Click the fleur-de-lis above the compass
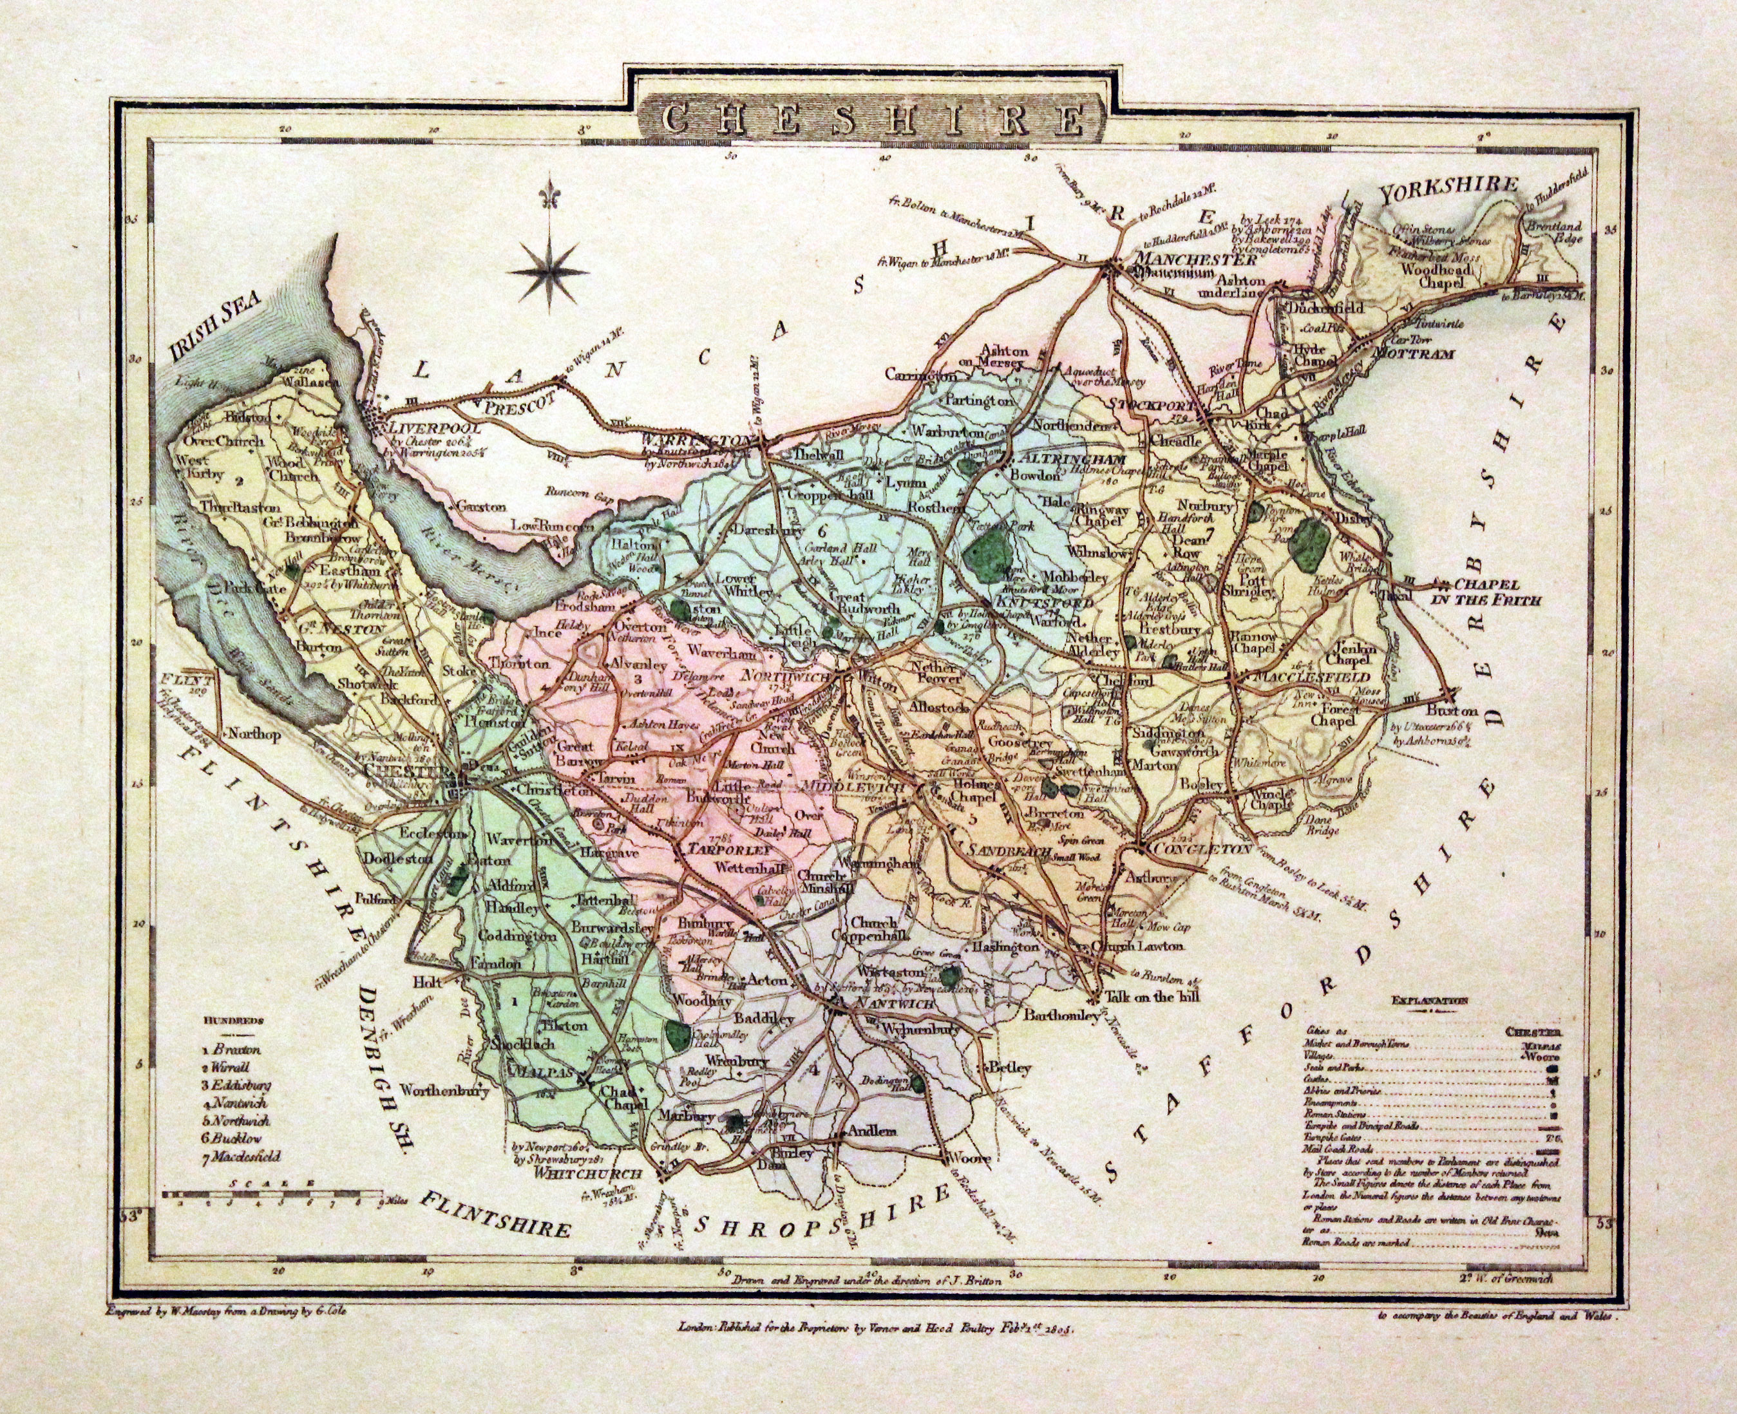[554, 200]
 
